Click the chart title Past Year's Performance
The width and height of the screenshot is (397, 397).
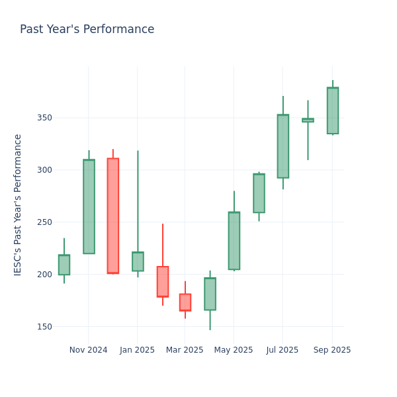pyautogui.click(x=87, y=30)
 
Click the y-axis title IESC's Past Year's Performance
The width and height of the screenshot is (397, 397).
pyautogui.click(x=18, y=204)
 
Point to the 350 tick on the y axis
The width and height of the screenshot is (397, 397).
pyautogui.click(x=44, y=118)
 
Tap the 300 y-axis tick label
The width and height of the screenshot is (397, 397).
pyautogui.click(x=44, y=170)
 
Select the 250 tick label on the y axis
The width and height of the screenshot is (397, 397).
pyautogui.click(x=44, y=222)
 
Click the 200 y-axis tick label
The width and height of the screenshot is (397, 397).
pyautogui.click(x=44, y=275)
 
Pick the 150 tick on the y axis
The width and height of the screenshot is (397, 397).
pyautogui.click(x=44, y=327)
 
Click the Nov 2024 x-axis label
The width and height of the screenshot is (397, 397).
pyautogui.click(x=88, y=350)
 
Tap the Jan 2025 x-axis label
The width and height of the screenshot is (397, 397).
pyautogui.click(x=137, y=350)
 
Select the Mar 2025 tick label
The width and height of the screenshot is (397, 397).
pyautogui.click(x=185, y=350)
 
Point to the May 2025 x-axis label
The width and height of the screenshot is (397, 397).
pyautogui.click(x=234, y=350)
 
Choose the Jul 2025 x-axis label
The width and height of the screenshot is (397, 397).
pyautogui.click(x=283, y=350)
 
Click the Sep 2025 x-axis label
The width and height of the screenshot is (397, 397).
pyautogui.click(x=332, y=350)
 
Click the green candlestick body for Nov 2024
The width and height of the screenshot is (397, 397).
pyautogui.click(x=89, y=206)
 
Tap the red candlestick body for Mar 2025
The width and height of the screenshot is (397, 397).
pyautogui.click(x=185, y=302)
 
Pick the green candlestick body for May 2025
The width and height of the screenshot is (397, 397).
pyautogui.click(x=234, y=241)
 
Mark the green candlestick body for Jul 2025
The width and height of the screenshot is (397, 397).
pyautogui.click(x=283, y=146)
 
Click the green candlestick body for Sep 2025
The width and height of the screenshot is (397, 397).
pyautogui.click(x=332, y=110)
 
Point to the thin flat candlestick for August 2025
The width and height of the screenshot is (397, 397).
pyautogui.click(x=308, y=120)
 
